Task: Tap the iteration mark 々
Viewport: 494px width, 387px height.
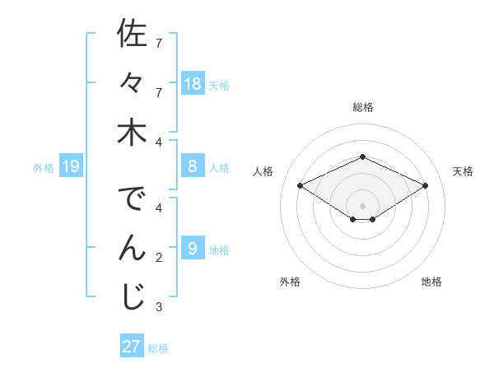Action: click(x=131, y=83)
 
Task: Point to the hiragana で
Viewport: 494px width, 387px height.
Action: click(x=132, y=200)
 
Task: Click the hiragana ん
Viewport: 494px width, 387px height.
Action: click(x=132, y=248)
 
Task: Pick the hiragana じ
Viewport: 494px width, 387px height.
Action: click(x=132, y=298)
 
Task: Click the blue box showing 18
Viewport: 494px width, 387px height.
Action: click(x=193, y=84)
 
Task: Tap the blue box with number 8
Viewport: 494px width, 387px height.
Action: click(x=193, y=167)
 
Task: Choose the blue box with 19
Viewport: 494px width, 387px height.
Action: click(x=71, y=167)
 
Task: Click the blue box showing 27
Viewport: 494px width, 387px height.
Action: click(x=131, y=347)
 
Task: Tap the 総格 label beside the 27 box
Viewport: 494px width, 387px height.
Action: click(x=158, y=347)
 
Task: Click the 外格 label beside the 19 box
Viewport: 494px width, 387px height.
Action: click(x=44, y=168)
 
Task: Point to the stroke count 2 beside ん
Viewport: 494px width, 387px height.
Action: click(x=159, y=258)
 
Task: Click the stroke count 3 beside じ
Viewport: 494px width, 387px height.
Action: click(x=159, y=307)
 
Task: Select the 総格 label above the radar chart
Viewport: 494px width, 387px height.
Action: click(x=362, y=107)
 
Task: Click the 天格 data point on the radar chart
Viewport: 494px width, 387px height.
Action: click(x=426, y=186)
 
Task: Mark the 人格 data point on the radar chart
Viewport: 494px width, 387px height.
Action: click(x=301, y=186)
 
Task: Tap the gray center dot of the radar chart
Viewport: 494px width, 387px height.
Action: click(x=362, y=205)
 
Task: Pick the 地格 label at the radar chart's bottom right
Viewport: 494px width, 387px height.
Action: click(x=431, y=282)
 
